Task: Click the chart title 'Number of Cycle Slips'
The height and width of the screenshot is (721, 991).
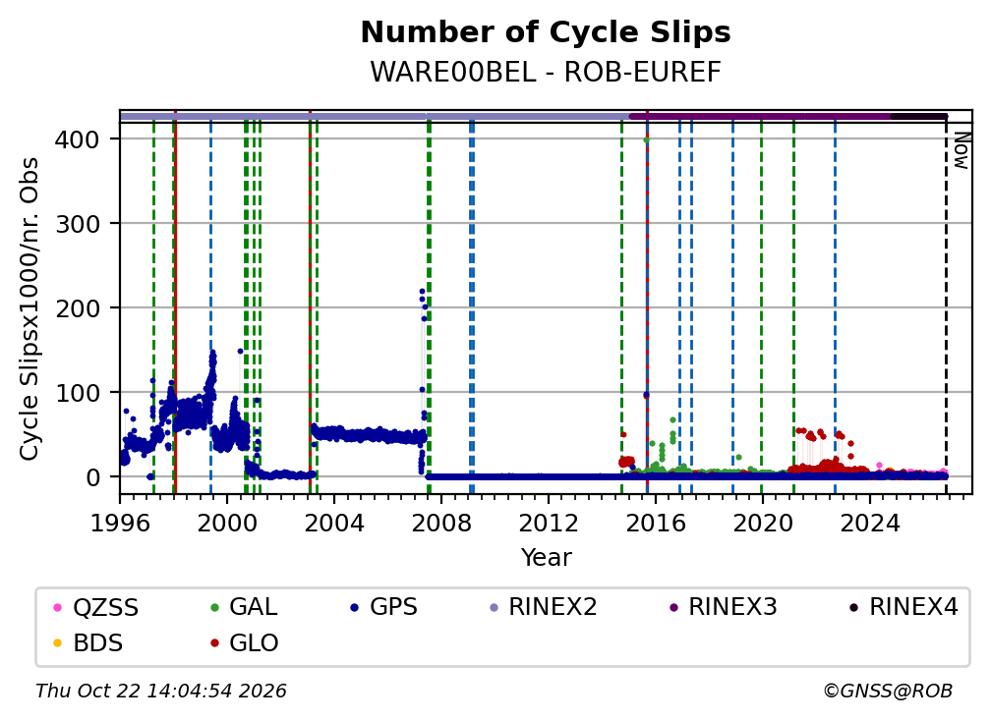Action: click(x=546, y=32)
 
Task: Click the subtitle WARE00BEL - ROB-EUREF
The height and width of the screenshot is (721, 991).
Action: click(x=546, y=73)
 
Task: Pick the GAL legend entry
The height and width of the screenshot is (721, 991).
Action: click(x=244, y=607)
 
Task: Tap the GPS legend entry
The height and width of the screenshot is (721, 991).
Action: click(x=383, y=607)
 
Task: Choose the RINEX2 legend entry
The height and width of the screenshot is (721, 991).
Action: click(x=544, y=607)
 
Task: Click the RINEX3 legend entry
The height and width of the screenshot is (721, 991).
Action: click(x=723, y=607)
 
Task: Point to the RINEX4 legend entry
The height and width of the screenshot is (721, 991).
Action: click(x=904, y=607)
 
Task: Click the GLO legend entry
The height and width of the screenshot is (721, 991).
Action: click(x=244, y=643)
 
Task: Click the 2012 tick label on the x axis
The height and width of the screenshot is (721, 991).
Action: click(x=549, y=524)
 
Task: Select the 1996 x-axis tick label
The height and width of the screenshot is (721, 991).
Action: click(x=120, y=524)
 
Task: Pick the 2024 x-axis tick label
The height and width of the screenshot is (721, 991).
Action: click(x=870, y=524)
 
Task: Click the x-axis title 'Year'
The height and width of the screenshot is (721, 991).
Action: click(x=546, y=558)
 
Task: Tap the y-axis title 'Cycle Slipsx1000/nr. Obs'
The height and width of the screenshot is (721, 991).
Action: click(x=29, y=308)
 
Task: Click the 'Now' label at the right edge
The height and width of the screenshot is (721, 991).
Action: click(x=961, y=150)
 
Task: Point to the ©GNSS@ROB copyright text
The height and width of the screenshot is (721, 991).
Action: click(x=888, y=692)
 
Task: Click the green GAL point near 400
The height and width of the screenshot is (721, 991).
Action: click(x=646, y=140)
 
